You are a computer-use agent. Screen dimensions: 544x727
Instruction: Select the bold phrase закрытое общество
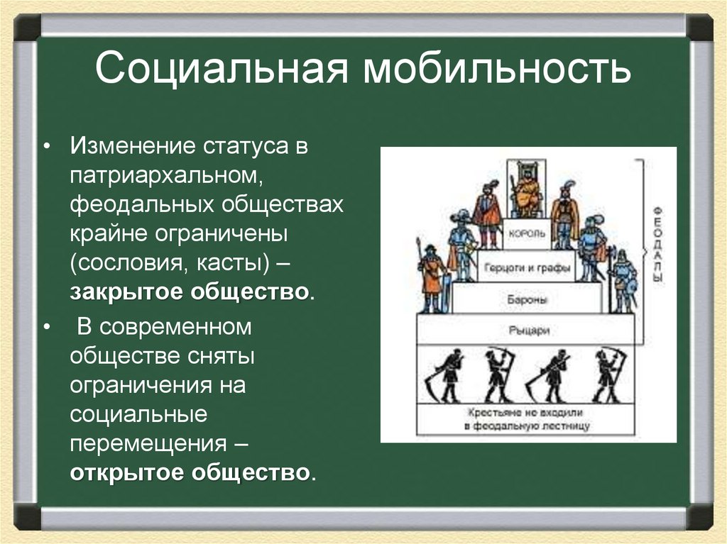(190, 292)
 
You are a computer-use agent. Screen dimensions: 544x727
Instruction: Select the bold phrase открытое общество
(190, 472)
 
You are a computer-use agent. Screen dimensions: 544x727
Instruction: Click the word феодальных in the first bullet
(141, 205)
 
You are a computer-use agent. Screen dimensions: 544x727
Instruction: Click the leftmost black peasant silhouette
(445, 374)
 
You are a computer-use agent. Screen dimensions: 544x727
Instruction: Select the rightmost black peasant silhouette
(608, 374)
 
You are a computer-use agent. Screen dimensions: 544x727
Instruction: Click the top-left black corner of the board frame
(27, 27)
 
